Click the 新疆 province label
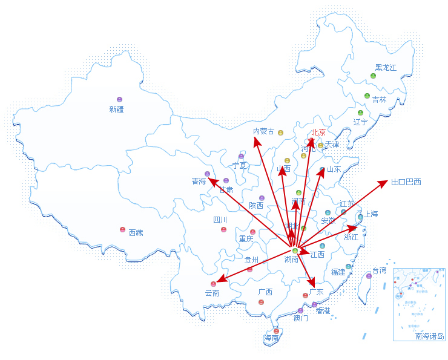pyautogui.click(x=116, y=110)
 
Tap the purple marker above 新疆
pyautogui.click(x=119, y=99)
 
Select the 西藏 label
pyautogui.click(x=136, y=232)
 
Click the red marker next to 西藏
pyautogui.click(x=123, y=230)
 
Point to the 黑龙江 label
pyautogui.click(x=386, y=68)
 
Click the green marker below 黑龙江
pyautogui.click(x=374, y=76)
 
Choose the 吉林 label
pyautogui.click(x=379, y=99)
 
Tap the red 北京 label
pyautogui.click(x=318, y=133)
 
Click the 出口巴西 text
pyautogui.click(x=406, y=182)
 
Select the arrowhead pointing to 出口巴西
pyautogui.click(x=384, y=182)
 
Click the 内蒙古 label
pyautogui.click(x=263, y=131)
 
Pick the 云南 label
pyautogui.click(x=212, y=293)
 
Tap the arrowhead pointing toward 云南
pyautogui.click(x=220, y=280)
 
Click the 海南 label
pyautogui.click(x=271, y=338)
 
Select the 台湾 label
pyautogui.click(x=379, y=270)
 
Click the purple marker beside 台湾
pyautogui.click(x=369, y=276)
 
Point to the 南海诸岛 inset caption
pyautogui.click(x=430, y=336)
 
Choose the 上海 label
pyautogui.click(x=370, y=214)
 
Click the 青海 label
pyautogui.click(x=199, y=181)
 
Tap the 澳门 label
pyautogui.click(x=300, y=318)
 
